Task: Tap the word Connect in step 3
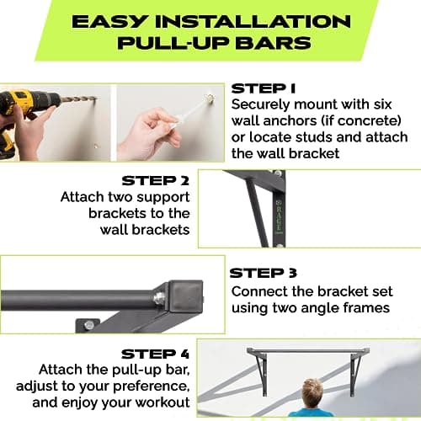point(258,290)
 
